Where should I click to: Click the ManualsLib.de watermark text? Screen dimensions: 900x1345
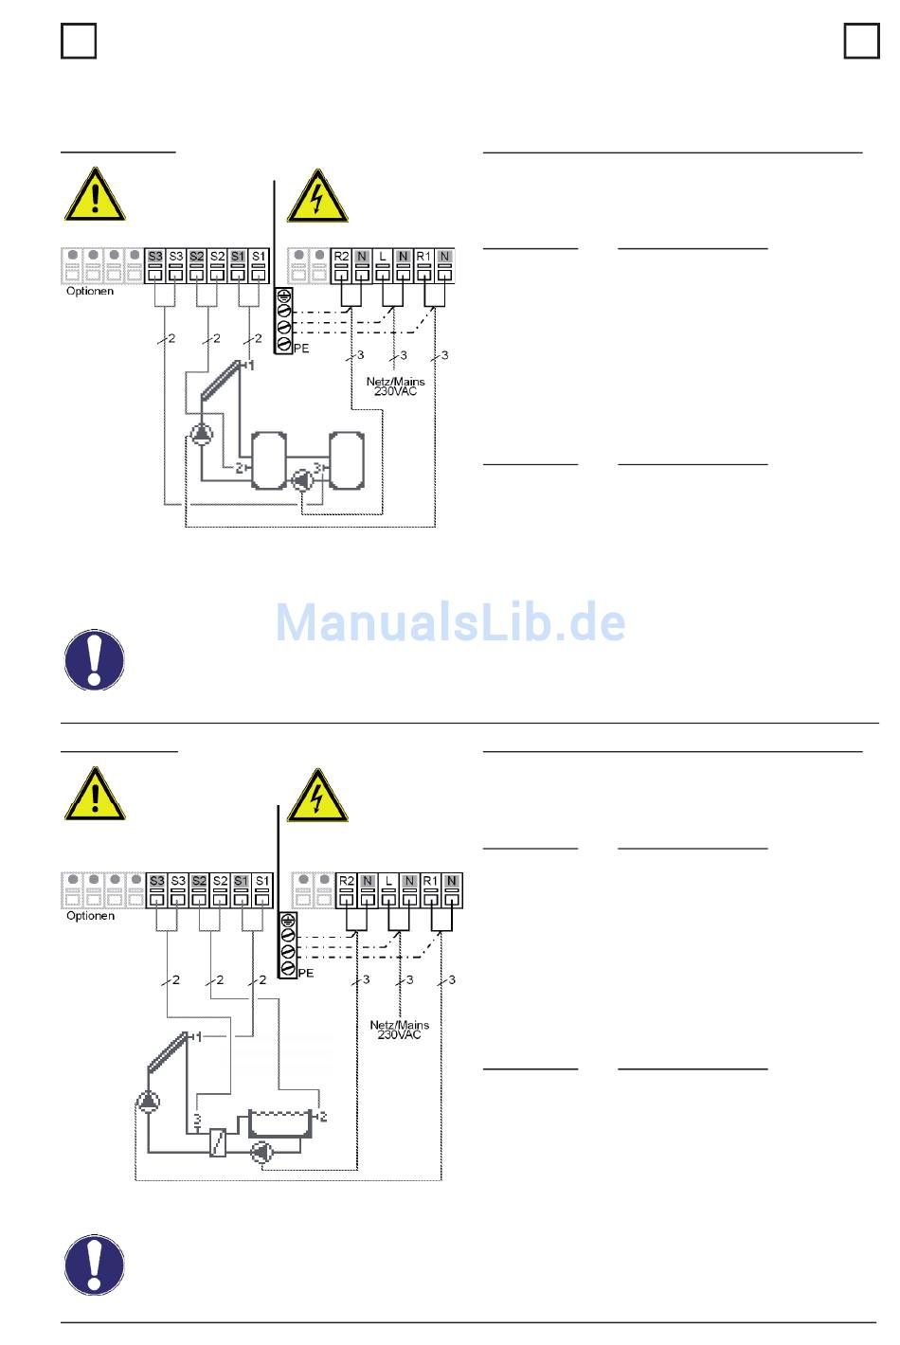click(450, 622)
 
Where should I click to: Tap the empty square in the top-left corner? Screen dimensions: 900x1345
click(79, 41)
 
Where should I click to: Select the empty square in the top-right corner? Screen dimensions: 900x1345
click(861, 41)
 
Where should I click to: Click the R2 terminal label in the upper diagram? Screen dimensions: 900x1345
click(342, 257)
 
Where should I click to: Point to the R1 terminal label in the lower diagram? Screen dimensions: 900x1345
click(431, 881)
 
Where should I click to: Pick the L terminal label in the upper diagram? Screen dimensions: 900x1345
click(383, 257)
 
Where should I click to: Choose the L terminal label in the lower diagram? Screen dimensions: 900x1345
click(389, 881)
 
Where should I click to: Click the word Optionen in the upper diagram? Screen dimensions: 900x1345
click(90, 291)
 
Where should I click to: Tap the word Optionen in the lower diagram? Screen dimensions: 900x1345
click(90, 916)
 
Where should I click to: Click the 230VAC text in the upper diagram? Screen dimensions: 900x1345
click(395, 391)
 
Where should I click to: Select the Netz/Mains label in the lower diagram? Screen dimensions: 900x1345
click(399, 1024)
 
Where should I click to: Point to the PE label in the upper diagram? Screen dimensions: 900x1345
click(301, 349)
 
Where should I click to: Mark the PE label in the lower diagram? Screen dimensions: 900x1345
click(306, 973)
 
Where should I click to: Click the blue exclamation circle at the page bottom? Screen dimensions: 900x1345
click(95, 1264)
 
